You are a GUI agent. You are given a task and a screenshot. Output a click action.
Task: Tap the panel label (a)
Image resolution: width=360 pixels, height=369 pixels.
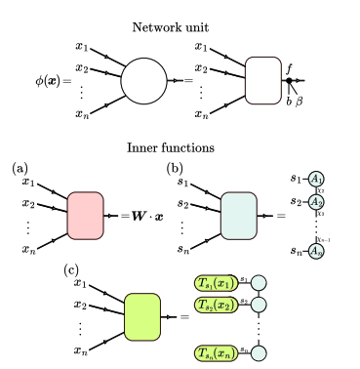pyautogui.click(x=20, y=169)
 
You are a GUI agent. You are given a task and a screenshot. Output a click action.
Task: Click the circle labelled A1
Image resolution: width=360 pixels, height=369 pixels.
pyautogui.click(x=316, y=178)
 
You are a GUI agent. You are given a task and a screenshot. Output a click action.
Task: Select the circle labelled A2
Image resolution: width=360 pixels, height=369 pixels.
pyautogui.click(x=316, y=201)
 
